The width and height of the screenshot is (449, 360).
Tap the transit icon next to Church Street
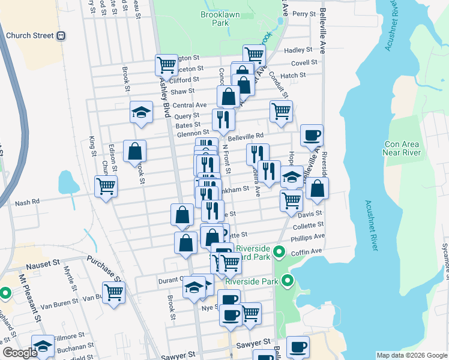[x=61, y=35]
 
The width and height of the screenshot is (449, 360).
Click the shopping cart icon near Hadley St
[x=255, y=55]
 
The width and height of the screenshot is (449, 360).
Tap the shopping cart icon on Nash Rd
[x=106, y=187]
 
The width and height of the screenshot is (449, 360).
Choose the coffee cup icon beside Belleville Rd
[x=311, y=136]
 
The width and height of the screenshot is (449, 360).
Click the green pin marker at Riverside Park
[x=288, y=280]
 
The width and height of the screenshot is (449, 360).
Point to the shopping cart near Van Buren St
[x=113, y=293]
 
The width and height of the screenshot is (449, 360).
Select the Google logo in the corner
[x=20, y=353]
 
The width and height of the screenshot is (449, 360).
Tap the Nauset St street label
[x=43, y=263]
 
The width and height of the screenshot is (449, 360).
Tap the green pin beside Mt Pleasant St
[x=5, y=293]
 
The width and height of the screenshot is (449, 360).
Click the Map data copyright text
[x=411, y=355]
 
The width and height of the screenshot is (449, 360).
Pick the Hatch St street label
[x=294, y=75]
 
